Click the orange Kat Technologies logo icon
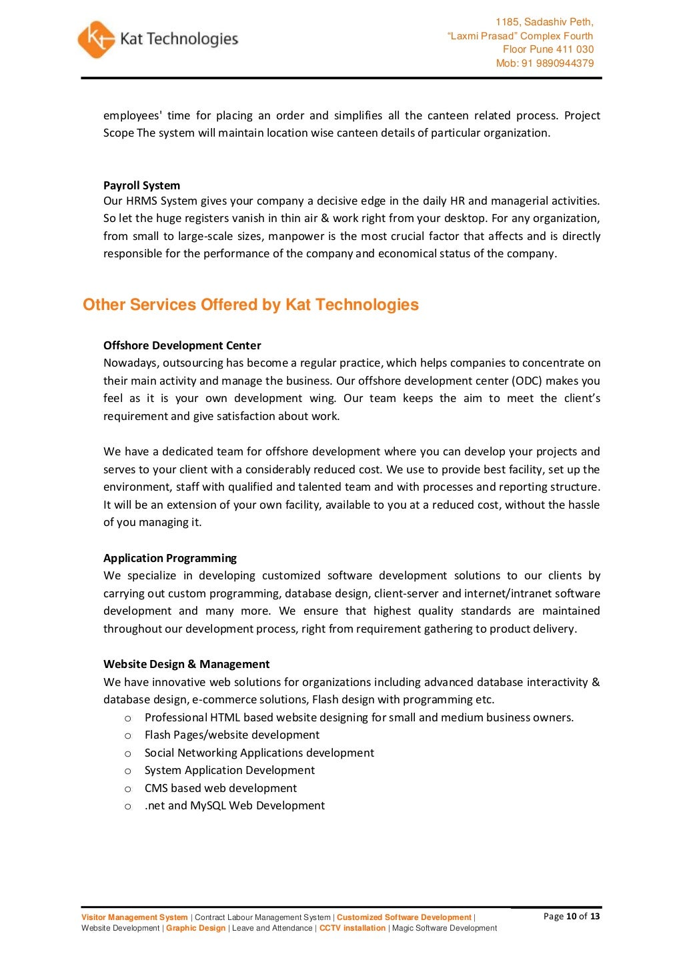pos(96,39)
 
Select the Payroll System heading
pos(141,185)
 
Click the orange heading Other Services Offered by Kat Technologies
pos(250,305)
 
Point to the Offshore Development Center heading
pos(182,345)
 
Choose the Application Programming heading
pos(169,558)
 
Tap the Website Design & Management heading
pos(186,664)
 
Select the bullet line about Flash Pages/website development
pos(231,735)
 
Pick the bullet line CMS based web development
pos(220,788)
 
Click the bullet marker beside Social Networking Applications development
pos(128,753)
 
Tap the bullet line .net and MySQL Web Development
pos(234,805)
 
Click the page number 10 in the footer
pos(571,916)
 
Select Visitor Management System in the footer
pos(134,917)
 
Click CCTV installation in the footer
pos(352,928)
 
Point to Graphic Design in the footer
pos(195,928)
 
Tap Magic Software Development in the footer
pos(444,928)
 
